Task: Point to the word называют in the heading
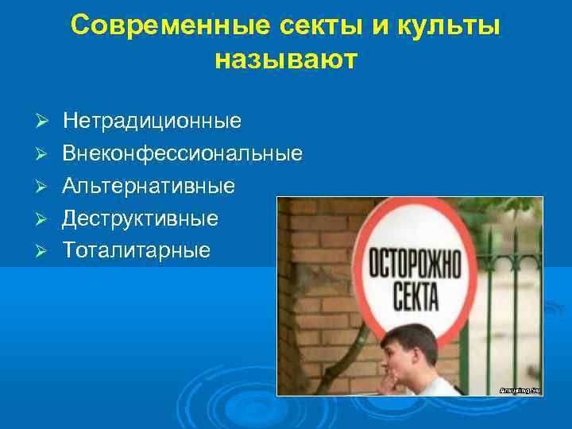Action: (286, 59)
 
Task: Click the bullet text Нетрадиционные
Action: (152, 122)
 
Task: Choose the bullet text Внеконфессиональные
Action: (182, 153)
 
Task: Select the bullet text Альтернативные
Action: (149, 186)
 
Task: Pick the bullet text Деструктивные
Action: (141, 218)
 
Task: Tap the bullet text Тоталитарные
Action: (137, 250)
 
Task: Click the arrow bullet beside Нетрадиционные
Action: (44, 122)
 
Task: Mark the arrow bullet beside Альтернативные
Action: (44, 186)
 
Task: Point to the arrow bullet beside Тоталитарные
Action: (44, 250)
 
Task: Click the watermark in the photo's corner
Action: (520, 389)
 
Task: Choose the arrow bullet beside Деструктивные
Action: (44, 218)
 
